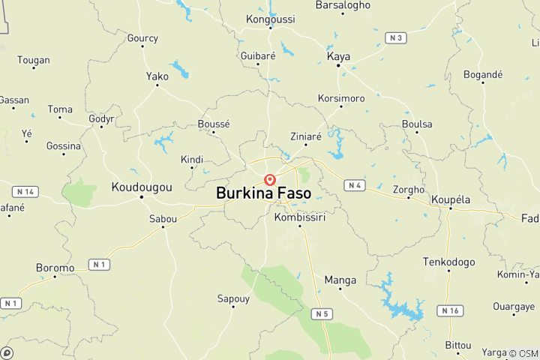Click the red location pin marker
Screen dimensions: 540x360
click(270, 180)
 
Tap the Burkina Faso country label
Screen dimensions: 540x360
click(263, 193)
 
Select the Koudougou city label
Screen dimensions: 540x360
click(142, 187)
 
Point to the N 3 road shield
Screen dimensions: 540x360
click(395, 37)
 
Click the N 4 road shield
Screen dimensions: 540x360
click(355, 184)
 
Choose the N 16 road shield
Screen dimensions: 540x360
click(450, 310)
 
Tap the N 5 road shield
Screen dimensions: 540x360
click(322, 313)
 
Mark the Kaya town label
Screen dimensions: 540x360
click(339, 56)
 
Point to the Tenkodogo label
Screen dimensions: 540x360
click(449, 262)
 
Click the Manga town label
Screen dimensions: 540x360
click(340, 280)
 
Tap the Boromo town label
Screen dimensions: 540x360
click(55, 267)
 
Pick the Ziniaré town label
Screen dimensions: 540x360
click(306, 136)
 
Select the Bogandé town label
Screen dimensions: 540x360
click(483, 75)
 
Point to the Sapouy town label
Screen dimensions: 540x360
click(233, 298)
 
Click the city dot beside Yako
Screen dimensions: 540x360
click(157, 85)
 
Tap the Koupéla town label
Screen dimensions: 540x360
click(451, 199)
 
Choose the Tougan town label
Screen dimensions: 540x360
click(34, 60)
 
